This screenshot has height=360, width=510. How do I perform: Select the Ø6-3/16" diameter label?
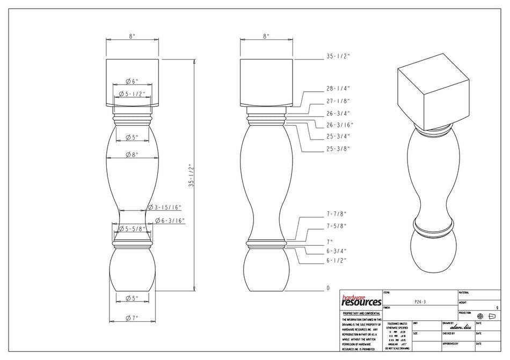tap(171, 221)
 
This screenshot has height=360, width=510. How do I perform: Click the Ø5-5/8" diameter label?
tap(132, 229)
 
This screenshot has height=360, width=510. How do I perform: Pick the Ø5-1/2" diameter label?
tap(132, 94)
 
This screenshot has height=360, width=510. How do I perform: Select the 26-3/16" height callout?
tap(339, 125)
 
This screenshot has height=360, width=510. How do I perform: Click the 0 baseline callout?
tap(328, 288)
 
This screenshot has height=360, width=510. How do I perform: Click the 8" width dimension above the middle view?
tap(266, 35)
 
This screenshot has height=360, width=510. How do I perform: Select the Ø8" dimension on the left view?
tap(132, 155)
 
